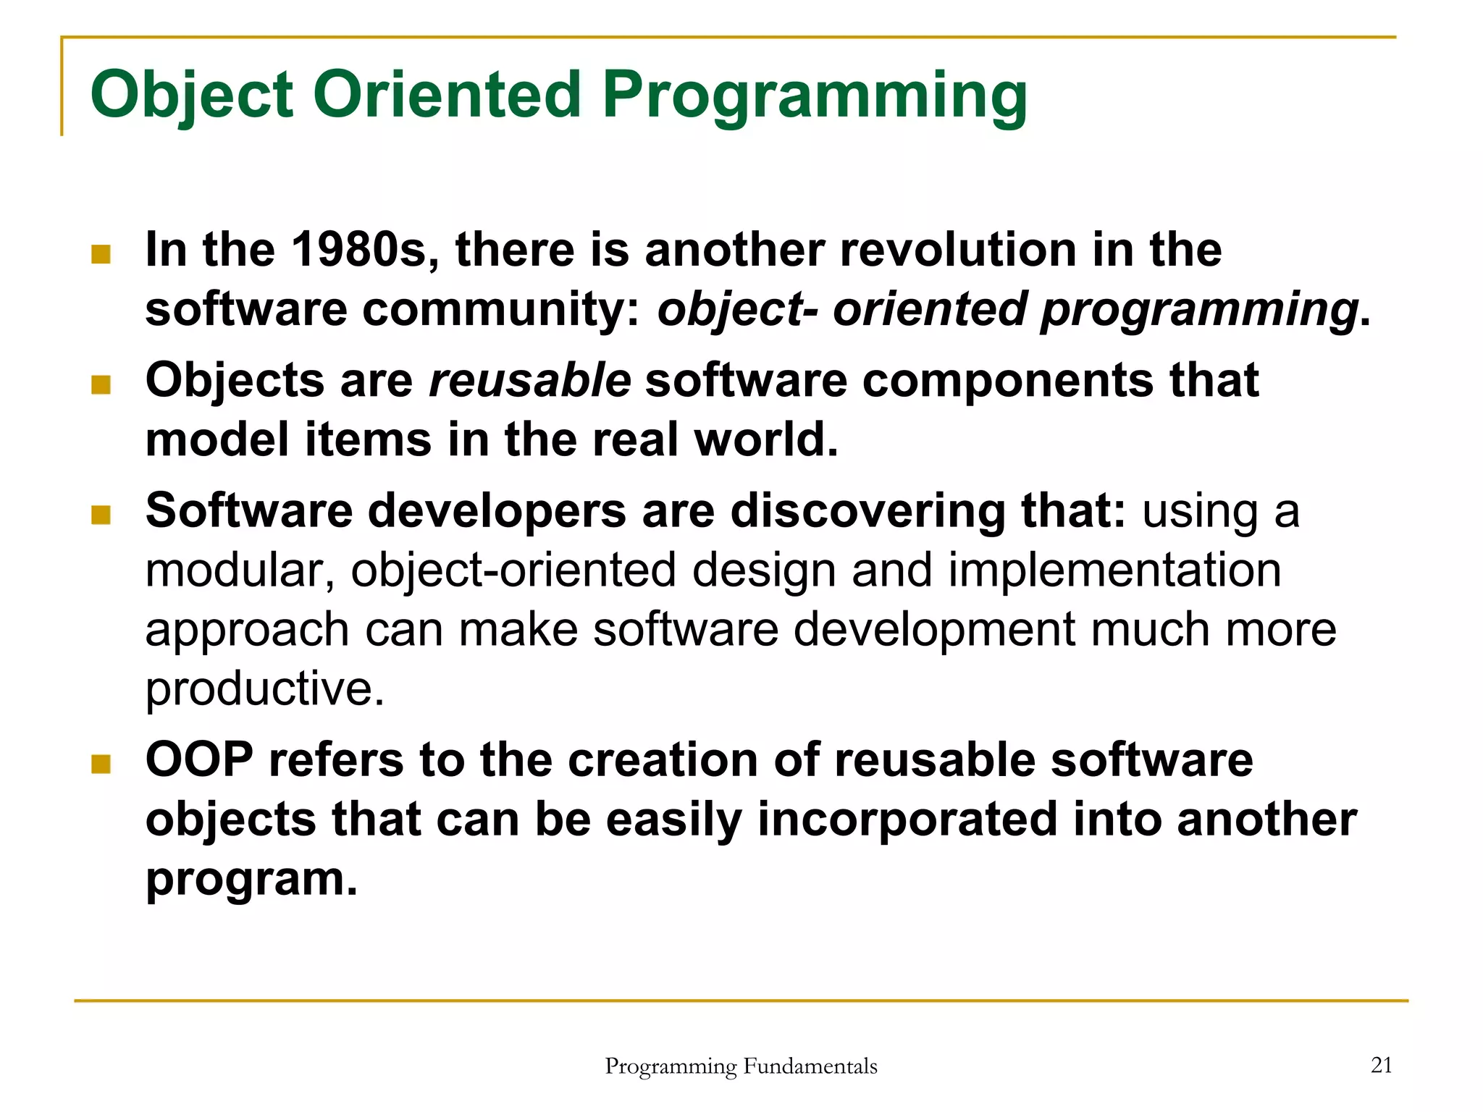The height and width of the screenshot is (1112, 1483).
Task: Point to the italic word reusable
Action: point(529,381)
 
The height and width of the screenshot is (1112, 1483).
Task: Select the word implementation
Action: point(1114,570)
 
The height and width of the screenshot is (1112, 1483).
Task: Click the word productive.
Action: point(264,688)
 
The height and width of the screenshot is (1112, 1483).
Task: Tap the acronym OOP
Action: point(199,760)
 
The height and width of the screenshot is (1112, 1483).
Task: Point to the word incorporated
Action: point(907,820)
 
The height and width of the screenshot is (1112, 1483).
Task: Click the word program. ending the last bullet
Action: point(251,879)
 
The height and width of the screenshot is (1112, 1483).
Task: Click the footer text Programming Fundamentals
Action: point(741,1066)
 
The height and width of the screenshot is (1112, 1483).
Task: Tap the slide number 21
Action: point(1382,1065)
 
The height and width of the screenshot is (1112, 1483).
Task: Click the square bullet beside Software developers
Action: point(101,515)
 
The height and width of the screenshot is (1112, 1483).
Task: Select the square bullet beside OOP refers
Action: point(101,764)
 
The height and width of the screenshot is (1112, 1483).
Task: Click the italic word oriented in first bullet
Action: point(930,309)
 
